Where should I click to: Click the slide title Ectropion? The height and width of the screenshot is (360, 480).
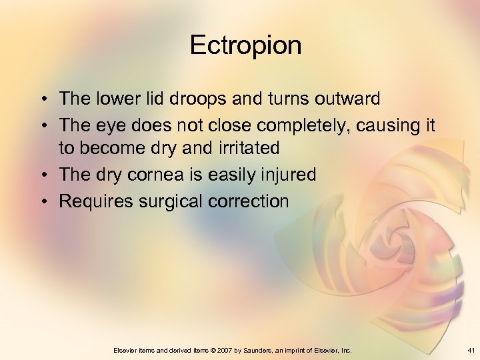pyautogui.click(x=245, y=45)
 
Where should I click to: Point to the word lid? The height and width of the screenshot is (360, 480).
pyautogui.click(x=154, y=99)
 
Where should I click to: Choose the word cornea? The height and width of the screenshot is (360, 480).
pyautogui.click(x=161, y=175)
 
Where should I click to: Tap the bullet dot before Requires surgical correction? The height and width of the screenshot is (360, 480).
pyautogui.click(x=42, y=201)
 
